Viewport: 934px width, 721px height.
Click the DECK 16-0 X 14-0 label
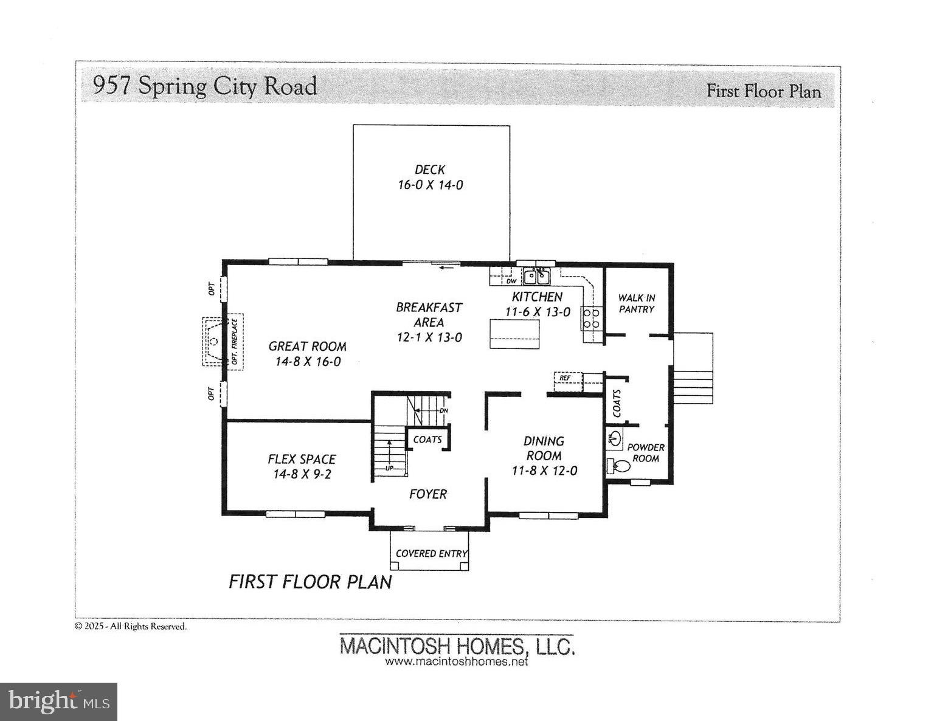pos(430,177)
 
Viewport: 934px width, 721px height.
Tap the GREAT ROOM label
pos(307,347)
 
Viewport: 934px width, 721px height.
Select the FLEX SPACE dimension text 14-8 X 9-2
pos(302,474)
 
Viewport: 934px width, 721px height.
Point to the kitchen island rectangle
pos(514,334)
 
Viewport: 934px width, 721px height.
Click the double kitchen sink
pos(536,277)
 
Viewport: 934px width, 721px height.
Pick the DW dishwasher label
pos(511,281)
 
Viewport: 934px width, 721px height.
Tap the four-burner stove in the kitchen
pos(591,319)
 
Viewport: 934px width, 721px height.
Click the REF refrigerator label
pos(565,378)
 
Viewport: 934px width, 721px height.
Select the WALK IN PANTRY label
pos(636,303)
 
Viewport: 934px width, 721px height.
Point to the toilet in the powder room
pos(619,466)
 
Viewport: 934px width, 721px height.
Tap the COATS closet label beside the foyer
pos(427,440)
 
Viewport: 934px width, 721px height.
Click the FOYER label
pos(427,494)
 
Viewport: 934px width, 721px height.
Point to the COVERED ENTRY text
pos(431,553)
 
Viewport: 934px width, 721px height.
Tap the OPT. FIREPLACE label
pos(235,342)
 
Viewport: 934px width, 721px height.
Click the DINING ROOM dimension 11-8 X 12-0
pos(544,471)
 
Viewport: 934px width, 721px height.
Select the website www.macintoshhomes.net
pos(456,661)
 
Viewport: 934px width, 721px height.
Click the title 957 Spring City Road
pos(205,86)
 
